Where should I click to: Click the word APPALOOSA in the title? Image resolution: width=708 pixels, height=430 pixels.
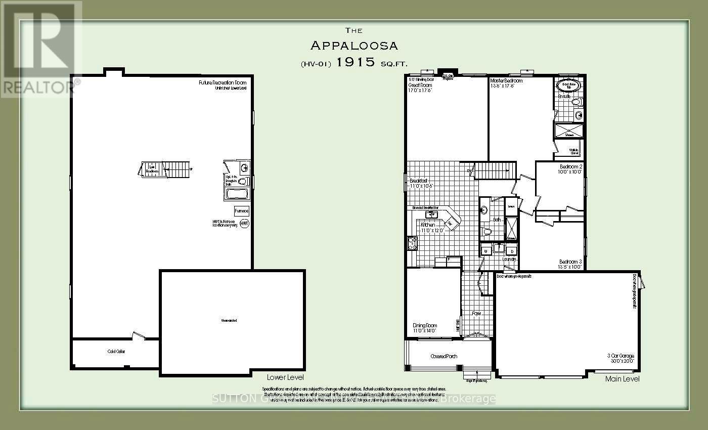point(353,46)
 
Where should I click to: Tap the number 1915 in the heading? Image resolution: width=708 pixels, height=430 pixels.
point(358,62)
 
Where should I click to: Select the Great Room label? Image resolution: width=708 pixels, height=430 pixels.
point(420,85)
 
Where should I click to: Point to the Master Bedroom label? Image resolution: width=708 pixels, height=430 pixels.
point(506,81)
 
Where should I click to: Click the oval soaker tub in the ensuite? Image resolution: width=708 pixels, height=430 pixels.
point(569,85)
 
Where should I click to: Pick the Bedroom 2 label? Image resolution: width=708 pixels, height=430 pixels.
point(571,166)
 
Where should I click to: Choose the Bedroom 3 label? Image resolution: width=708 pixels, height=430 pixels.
point(570,262)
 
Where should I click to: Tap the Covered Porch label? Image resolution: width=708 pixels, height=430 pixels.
point(444,356)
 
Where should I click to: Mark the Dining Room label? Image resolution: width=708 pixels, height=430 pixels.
point(425,326)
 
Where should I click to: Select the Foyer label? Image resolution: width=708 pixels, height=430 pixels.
point(476,314)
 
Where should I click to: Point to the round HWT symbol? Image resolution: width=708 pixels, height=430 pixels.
point(245,223)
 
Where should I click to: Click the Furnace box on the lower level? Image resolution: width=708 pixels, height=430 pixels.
point(241,211)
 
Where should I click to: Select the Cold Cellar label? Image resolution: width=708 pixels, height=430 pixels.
point(116,352)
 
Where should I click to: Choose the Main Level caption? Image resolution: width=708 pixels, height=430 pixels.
point(622,378)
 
